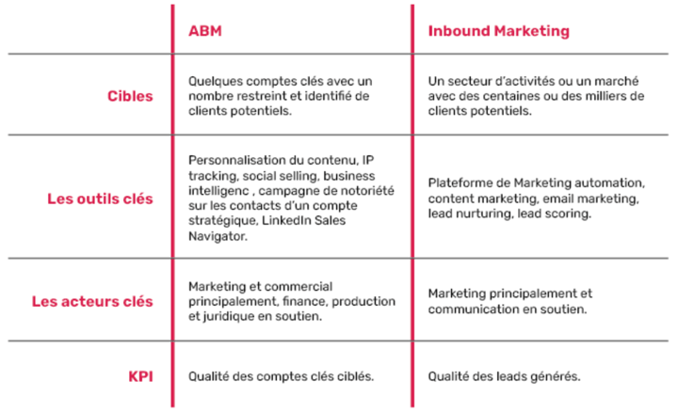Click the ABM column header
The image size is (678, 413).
pyautogui.click(x=205, y=31)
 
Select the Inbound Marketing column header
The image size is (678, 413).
pyautogui.click(x=498, y=31)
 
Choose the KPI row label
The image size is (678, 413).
pyautogui.click(x=141, y=376)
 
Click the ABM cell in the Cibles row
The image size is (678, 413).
pyautogui.click(x=280, y=95)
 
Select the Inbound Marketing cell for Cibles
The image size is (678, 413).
pyautogui.click(x=535, y=95)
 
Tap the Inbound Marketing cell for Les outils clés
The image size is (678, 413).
pyautogui.click(x=535, y=199)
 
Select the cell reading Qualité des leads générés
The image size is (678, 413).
pyautogui.click(x=504, y=376)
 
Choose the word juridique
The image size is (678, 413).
pyautogui.click(x=222, y=316)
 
